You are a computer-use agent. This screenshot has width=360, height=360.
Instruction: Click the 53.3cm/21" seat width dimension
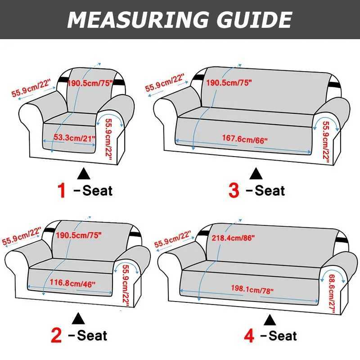pos(74,138)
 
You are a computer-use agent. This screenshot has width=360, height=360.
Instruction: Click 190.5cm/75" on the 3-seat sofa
pos(229,83)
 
